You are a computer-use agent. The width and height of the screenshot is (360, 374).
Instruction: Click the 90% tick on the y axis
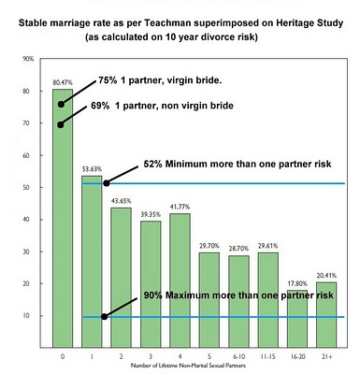tap(29, 59)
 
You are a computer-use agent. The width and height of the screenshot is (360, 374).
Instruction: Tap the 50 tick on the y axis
tap(30, 187)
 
